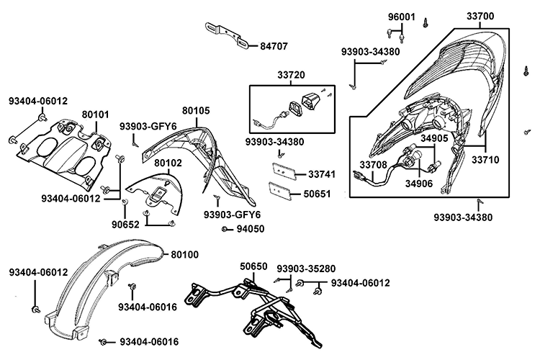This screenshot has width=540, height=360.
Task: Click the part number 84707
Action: point(274,45)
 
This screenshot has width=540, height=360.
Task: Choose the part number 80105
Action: point(196,111)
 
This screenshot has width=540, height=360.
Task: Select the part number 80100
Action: point(186,254)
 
